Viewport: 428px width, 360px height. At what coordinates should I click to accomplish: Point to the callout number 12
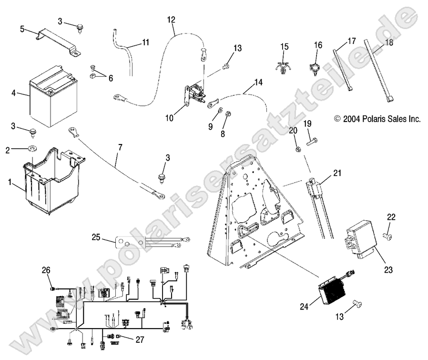click(x=171, y=20)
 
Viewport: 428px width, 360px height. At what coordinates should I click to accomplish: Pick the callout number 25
click(x=96, y=237)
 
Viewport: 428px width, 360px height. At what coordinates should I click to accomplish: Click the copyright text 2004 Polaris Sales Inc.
click(x=377, y=119)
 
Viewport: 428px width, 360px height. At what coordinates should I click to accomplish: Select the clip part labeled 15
click(x=284, y=67)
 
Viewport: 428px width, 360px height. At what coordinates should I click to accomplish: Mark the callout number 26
click(x=46, y=271)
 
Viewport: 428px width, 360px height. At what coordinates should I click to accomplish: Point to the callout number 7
click(x=120, y=148)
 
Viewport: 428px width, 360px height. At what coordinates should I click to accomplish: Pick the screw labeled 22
click(x=388, y=235)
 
